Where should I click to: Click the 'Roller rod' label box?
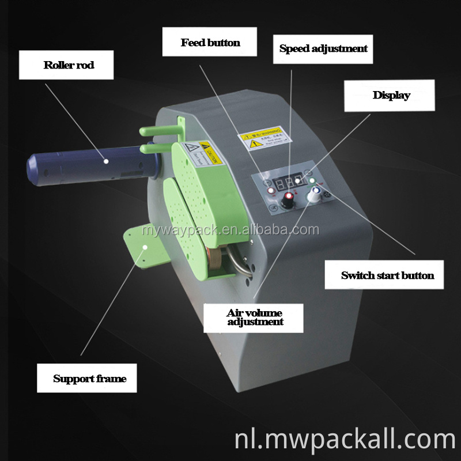[x=69, y=65]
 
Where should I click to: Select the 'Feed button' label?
[x=210, y=42]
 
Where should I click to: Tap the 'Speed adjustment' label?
[x=323, y=48]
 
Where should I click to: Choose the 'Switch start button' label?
[x=387, y=275]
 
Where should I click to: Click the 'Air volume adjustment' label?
[x=255, y=317]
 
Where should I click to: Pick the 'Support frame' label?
[x=89, y=379]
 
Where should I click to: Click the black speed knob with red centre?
[x=288, y=199]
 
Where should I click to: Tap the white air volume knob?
[x=314, y=197]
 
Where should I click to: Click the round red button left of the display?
[x=267, y=184]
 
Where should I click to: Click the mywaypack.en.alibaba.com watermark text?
[x=231, y=231]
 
